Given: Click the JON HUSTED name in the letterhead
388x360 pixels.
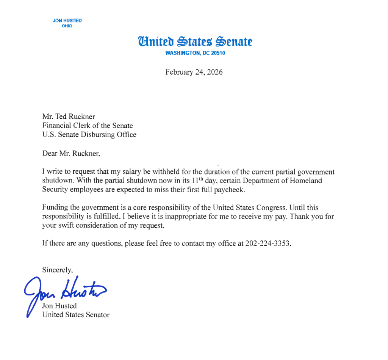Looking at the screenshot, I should pos(67,20).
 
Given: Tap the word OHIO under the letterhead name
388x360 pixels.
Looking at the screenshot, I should pos(67,26).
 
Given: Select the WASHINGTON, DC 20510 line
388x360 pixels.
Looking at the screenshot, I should pos(195,53).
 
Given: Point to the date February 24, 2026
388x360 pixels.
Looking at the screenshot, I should pos(194,72).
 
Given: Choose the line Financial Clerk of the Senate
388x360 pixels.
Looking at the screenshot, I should pos(88,126).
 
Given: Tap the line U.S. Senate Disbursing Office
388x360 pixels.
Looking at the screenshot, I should pos(89,134).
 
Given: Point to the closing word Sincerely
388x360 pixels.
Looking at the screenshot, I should pos(57,270).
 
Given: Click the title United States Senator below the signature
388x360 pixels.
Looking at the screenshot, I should pos(76,314).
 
